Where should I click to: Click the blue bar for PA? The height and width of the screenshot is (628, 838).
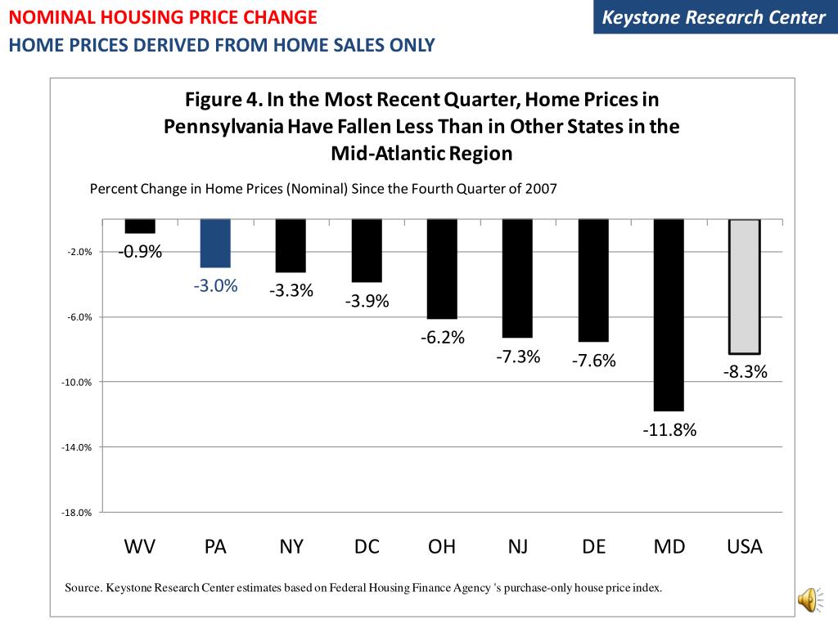215,244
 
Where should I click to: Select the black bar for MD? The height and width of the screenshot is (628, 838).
669,315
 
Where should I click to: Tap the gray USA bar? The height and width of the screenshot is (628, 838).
745,286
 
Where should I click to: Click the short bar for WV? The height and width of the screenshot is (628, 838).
140,227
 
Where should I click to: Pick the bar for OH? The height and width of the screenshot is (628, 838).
442,269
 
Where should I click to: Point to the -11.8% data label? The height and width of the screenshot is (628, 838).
669,430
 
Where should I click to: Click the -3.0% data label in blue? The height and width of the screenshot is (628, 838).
215,286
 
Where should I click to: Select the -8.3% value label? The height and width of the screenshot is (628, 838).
745,372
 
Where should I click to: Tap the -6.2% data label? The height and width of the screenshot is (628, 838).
443,337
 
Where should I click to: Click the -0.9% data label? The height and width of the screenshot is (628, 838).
140,252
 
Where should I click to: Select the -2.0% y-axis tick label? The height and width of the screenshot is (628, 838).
79,252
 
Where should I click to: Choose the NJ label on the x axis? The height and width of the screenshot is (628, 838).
518,547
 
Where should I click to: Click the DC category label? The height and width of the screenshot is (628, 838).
367,547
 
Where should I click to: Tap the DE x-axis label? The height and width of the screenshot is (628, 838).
593,547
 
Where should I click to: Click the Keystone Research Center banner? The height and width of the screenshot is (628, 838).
713,18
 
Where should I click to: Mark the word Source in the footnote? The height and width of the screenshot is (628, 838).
83,588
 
